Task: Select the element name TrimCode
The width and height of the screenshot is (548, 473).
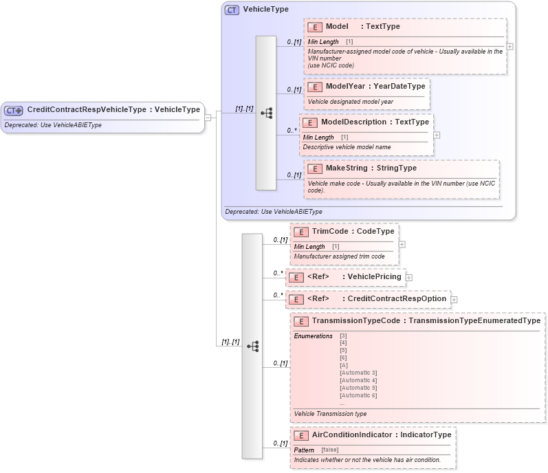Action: [x=329, y=232]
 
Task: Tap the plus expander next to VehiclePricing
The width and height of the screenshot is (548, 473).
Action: [x=409, y=277]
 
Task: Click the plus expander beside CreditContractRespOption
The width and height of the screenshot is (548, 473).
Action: [x=454, y=299]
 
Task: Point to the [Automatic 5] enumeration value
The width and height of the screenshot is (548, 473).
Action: [x=358, y=388]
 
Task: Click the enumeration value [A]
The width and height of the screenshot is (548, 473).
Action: [x=344, y=365]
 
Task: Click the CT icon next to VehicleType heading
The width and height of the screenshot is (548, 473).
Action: [x=232, y=10]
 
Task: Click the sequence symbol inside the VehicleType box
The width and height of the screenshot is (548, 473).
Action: [x=266, y=113]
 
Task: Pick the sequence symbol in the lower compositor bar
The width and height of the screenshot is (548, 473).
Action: [x=252, y=346]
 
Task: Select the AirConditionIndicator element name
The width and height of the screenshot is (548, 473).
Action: [x=351, y=435]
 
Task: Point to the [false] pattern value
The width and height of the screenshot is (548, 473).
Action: [x=330, y=450]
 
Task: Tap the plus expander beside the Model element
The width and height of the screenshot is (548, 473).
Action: [x=509, y=47]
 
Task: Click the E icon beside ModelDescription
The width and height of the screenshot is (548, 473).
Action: [x=311, y=122]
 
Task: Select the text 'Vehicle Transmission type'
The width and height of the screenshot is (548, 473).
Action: [x=330, y=414]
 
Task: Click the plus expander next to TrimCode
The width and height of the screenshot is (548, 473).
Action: [x=402, y=244]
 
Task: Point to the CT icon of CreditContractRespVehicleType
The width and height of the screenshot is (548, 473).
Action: [x=14, y=110]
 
